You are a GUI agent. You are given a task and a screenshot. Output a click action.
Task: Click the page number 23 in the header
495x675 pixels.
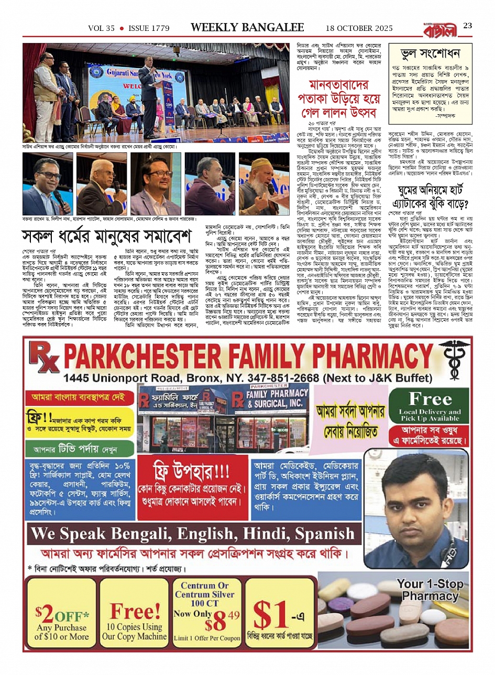[x=468, y=26]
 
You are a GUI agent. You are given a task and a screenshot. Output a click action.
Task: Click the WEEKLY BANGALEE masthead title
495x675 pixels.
[x=247, y=27]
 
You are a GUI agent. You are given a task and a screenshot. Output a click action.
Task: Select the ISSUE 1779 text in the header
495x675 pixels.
[x=149, y=28]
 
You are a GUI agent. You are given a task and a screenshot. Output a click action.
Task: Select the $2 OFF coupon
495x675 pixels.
[x=62, y=616]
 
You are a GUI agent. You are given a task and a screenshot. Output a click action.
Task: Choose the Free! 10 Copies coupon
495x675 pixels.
[x=135, y=616]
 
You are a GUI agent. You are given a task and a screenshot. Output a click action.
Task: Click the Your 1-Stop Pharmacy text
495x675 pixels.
[x=430, y=590]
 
